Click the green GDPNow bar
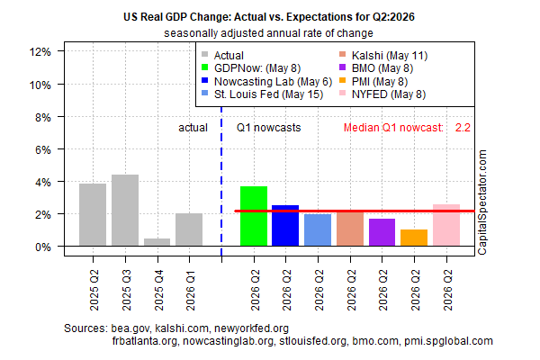(254, 216)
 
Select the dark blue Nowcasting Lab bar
(285, 225)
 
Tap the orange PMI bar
(414, 238)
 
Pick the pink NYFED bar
(446, 225)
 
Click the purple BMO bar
(382, 232)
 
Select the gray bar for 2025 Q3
(125, 210)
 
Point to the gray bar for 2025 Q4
(157, 242)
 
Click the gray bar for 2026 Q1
(189, 229)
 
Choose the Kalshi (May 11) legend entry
(383, 56)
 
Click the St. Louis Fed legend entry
(263, 94)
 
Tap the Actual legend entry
(223, 56)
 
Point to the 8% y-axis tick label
(43, 118)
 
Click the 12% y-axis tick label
(40, 52)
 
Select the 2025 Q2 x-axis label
(94, 290)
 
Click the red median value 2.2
(463, 128)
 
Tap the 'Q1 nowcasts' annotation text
(268, 128)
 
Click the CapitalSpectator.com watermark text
(482, 202)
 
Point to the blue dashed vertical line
(221, 182)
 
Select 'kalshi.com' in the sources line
(182, 328)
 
